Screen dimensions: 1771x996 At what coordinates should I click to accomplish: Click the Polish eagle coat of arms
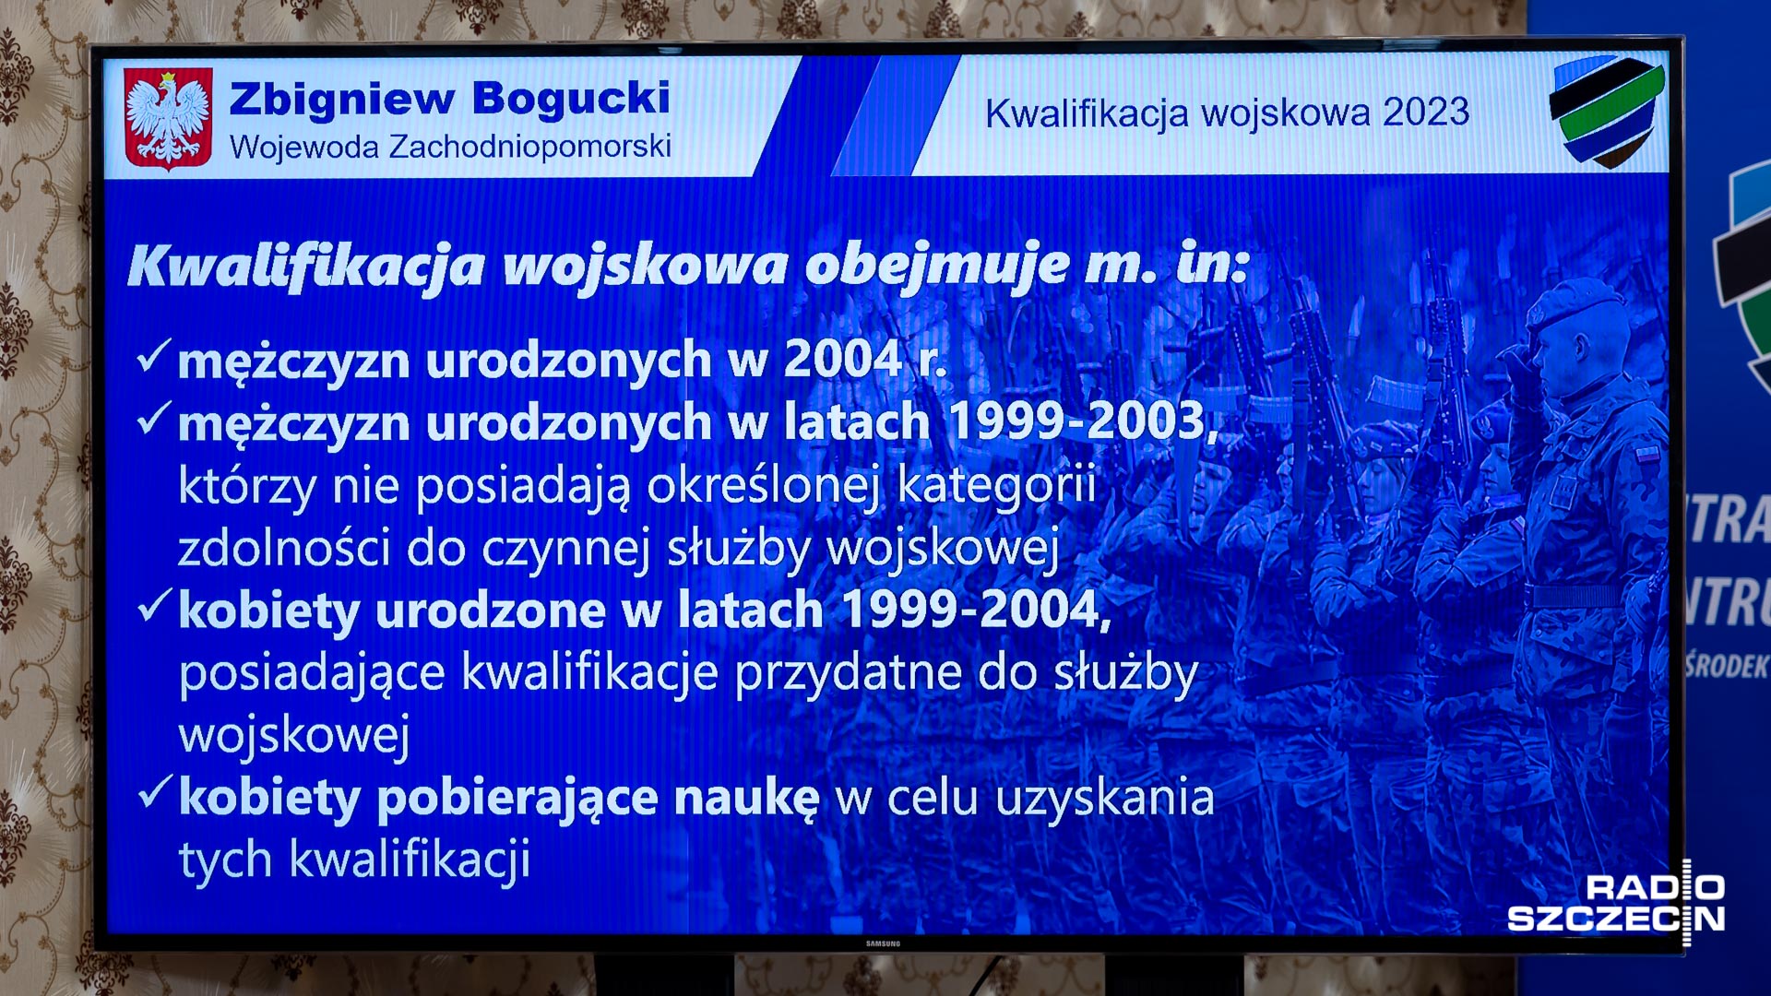point(168,118)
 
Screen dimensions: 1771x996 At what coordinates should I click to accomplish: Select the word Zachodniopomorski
point(530,147)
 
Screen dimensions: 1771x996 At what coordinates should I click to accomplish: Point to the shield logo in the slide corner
point(1607,112)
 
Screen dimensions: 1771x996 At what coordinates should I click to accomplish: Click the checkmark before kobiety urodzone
point(154,605)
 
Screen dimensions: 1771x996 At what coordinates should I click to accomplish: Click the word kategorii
point(997,485)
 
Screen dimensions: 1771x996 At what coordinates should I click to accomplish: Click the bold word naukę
point(746,799)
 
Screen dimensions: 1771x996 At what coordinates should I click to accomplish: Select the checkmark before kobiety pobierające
point(154,791)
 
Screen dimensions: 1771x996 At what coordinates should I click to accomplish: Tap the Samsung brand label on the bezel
point(883,943)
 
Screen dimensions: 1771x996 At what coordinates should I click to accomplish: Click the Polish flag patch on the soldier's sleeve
point(1647,455)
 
